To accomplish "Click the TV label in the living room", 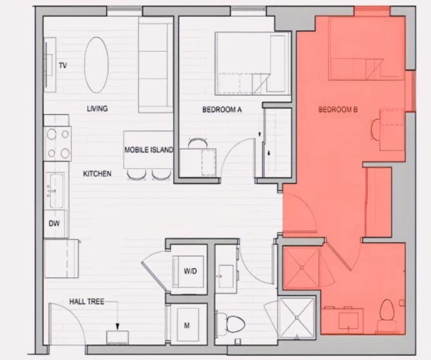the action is point(63,66).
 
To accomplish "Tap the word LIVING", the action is point(97,109).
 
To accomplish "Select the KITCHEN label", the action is point(97,174).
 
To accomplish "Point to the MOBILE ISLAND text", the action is point(149,149).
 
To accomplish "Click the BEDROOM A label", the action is point(222,110).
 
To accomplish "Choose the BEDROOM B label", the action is point(338,109).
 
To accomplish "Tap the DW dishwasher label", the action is point(54,223).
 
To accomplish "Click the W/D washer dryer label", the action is point(191,271).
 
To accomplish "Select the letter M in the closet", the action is point(187,326).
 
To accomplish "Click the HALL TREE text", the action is point(87,302).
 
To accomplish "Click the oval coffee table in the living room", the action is point(96,65).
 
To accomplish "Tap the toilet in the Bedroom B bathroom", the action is point(387,315).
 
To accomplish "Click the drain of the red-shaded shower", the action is point(302,267).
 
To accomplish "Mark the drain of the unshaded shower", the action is point(297,318).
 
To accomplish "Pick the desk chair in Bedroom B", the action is point(375,129).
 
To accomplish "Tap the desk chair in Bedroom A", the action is point(197,143).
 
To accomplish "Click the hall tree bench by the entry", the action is point(117,337).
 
